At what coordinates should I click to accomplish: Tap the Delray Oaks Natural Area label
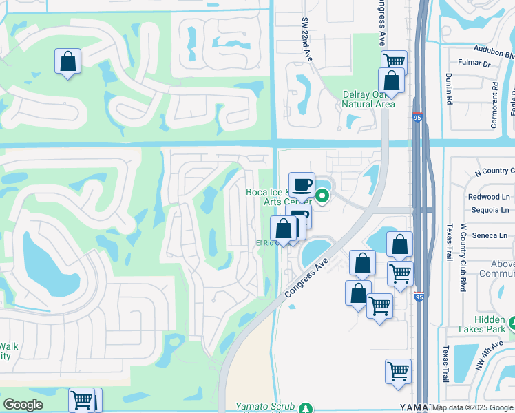[368, 100]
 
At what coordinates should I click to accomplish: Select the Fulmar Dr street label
[476, 64]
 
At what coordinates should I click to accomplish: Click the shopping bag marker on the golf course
[67, 61]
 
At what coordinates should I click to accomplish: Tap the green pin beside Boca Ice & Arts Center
[322, 198]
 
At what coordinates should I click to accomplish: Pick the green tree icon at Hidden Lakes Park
[512, 322]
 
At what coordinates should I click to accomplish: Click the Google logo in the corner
[23, 405]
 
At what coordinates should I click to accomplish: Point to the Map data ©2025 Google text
[472, 407]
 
